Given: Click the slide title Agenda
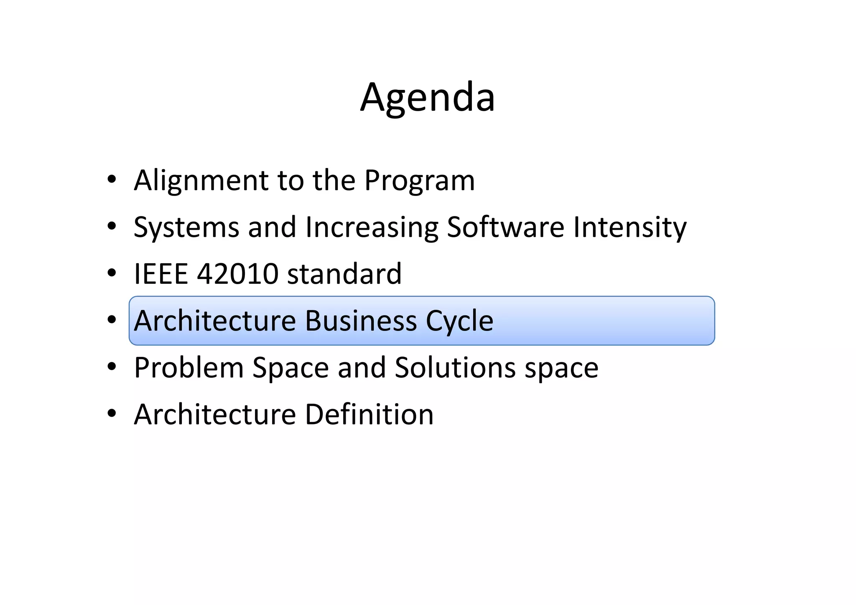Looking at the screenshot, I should pyautogui.click(x=428, y=98).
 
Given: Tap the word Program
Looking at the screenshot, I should pyautogui.click(x=419, y=180).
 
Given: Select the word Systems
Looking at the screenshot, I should pyautogui.click(x=186, y=227).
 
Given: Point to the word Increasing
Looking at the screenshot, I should pyautogui.click(x=372, y=227).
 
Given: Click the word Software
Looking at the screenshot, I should pyautogui.click(x=505, y=227).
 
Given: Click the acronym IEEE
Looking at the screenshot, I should pyautogui.click(x=160, y=274).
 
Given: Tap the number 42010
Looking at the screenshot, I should pyautogui.click(x=237, y=274).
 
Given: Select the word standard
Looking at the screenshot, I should pyautogui.click(x=344, y=274).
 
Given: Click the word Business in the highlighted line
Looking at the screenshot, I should pyautogui.click(x=361, y=321).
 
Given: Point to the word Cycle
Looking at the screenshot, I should pyautogui.click(x=459, y=321).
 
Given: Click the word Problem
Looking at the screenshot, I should pyautogui.click(x=189, y=368).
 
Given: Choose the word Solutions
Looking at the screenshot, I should pyautogui.click(x=455, y=368).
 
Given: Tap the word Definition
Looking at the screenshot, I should pyautogui.click(x=369, y=414).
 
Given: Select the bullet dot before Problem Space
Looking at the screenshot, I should pyautogui.click(x=111, y=368).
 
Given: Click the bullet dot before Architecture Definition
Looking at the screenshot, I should pyautogui.click(x=111, y=414).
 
